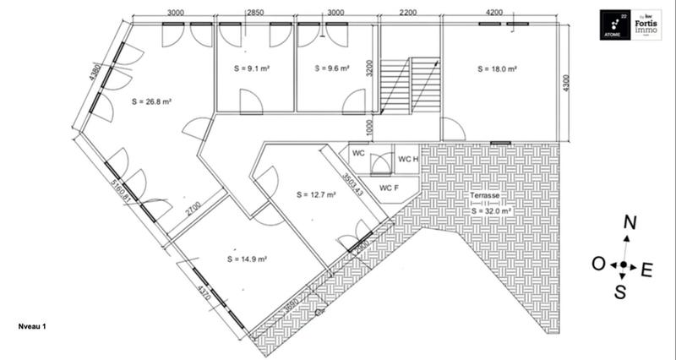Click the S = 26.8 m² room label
(152, 101)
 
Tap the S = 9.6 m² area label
(331, 68)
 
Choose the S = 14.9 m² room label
(248, 259)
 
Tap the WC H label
(409, 158)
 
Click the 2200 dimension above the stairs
(409, 14)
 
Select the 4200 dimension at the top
(495, 14)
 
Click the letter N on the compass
(629, 223)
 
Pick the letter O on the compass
(597, 265)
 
